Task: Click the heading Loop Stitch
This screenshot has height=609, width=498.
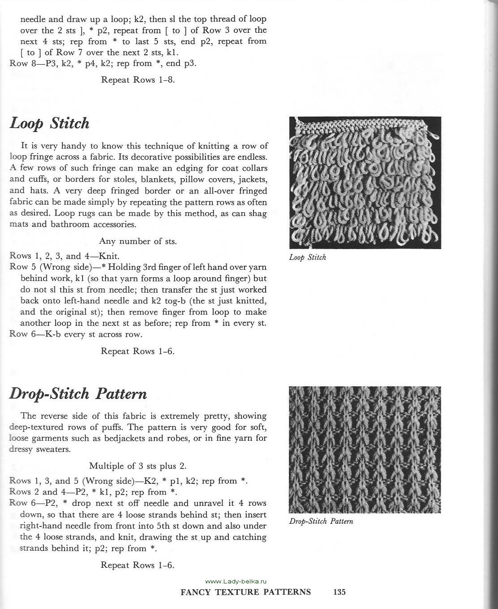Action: [x=50, y=123]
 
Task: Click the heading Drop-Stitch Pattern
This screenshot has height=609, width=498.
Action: [x=78, y=394]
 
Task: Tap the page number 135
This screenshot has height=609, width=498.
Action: [x=340, y=592]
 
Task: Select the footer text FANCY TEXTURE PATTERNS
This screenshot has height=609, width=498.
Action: [x=245, y=592]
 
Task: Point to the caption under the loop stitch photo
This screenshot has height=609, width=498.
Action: [x=307, y=258]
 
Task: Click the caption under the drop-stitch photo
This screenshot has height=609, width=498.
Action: [x=321, y=521]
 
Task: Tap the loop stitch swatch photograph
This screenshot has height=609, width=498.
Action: [x=365, y=183]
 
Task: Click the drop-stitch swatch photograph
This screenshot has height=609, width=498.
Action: [x=365, y=450]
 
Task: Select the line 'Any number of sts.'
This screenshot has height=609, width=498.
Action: [x=138, y=241]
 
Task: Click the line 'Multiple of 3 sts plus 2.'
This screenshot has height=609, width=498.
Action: [x=138, y=465]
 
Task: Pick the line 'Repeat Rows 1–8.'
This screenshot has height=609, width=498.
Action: [x=138, y=80]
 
